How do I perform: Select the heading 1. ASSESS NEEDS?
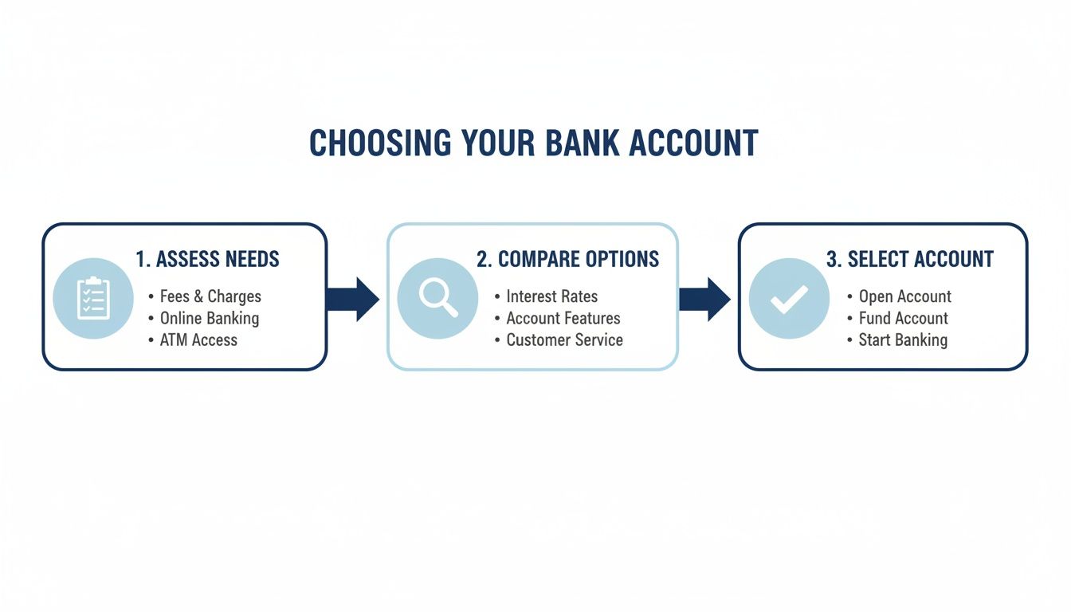(207, 259)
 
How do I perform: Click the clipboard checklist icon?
(93, 299)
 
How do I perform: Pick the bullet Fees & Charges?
(210, 296)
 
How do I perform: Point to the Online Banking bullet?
(210, 318)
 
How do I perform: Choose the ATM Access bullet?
(198, 339)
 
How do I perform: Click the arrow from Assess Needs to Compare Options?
(352, 299)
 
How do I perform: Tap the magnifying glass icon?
(437, 299)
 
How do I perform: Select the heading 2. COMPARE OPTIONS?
(567, 259)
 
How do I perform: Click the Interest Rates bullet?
(551, 296)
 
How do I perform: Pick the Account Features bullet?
(563, 318)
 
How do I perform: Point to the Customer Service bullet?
(564, 339)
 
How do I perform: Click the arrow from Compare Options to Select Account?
(704, 299)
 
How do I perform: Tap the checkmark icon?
(789, 299)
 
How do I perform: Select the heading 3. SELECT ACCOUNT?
(909, 259)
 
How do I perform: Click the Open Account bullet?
(904, 296)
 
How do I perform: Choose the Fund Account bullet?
(903, 318)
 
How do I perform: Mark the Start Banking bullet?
(903, 339)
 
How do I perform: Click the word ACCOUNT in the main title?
(693, 143)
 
